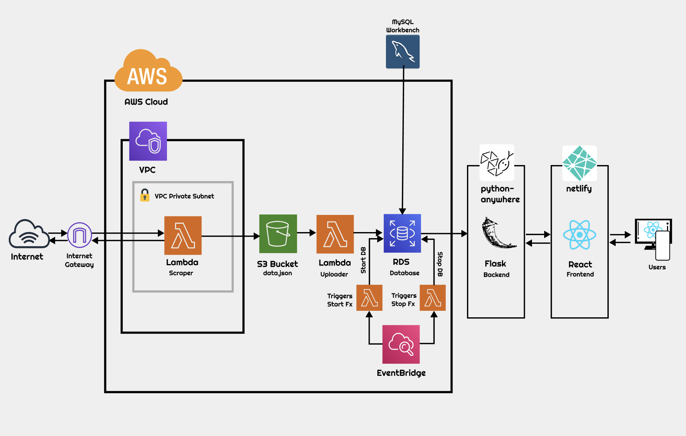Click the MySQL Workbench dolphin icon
(x=403, y=52)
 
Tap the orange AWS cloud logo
(x=148, y=72)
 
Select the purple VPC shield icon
(x=148, y=141)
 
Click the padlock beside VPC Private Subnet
(x=145, y=195)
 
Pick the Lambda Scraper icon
(x=183, y=236)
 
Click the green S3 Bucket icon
(x=278, y=234)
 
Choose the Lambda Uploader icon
(x=335, y=234)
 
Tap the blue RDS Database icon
(x=402, y=233)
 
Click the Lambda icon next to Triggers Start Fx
(x=369, y=298)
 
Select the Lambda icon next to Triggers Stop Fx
(x=433, y=298)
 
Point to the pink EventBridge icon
(x=401, y=344)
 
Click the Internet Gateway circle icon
(x=79, y=235)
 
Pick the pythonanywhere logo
(x=497, y=163)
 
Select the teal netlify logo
(x=580, y=163)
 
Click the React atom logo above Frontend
(x=580, y=235)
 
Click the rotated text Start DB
(x=363, y=260)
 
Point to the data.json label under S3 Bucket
(x=278, y=273)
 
